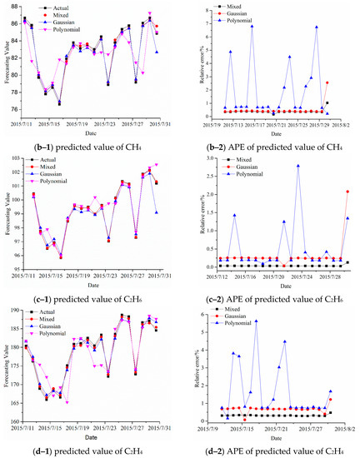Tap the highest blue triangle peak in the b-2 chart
click(x=252, y=26)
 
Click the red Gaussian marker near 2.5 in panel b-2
click(x=327, y=83)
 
